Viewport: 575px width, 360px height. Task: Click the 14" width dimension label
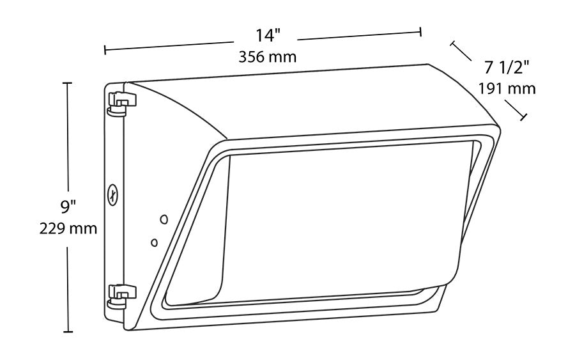pos(267,36)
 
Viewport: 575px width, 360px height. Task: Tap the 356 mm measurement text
pos(267,56)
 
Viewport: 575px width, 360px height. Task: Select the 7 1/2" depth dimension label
pos(505,66)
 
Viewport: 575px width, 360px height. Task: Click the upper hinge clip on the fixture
pos(122,102)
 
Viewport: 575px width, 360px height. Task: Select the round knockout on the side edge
pos(113,194)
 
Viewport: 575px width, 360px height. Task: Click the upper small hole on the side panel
pos(164,219)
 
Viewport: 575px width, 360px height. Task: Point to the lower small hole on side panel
pos(153,242)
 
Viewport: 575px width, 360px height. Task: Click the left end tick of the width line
pos(105,49)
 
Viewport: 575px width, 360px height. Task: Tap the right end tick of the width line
pos(421,33)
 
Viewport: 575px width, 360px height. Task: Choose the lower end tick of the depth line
pos(525,117)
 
